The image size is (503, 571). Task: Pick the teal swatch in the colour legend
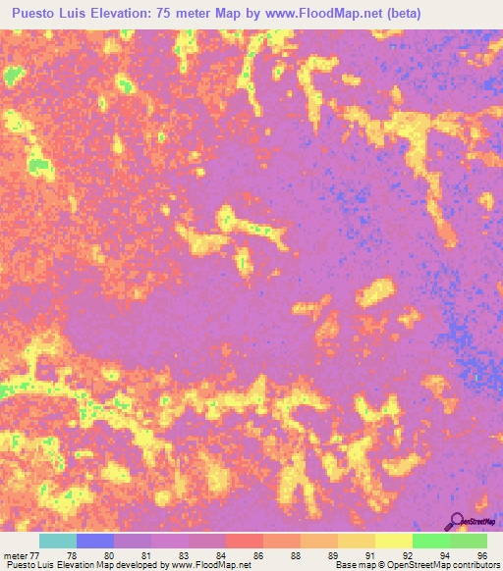(58, 541)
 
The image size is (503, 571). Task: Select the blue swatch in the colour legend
(95, 541)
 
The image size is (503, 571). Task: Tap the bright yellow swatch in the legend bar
(394, 541)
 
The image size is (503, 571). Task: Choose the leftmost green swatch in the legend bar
(431, 541)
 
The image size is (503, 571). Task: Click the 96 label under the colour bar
(482, 555)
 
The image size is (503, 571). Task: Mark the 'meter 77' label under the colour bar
(23, 555)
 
